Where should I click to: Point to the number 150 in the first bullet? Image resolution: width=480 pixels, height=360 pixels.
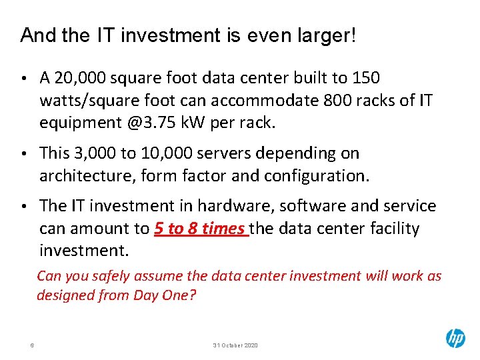[365, 79]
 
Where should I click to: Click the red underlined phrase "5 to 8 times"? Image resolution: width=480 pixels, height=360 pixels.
[199, 229]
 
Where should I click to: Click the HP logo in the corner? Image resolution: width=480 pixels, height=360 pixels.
[455, 339]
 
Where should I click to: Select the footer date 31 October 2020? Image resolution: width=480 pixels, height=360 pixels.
[235, 345]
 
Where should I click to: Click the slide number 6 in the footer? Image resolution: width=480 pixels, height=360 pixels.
[33, 345]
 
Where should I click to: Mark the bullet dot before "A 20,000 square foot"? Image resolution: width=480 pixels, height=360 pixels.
[25, 79]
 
